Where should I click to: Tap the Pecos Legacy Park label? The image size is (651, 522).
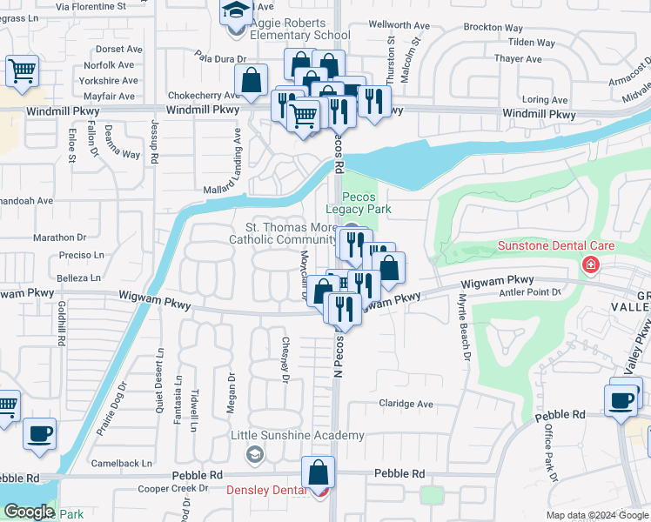[359, 203]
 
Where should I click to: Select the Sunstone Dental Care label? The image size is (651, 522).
[555, 245]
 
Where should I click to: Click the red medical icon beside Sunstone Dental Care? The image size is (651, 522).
[592, 264]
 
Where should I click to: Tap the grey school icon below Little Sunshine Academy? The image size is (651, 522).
[254, 453]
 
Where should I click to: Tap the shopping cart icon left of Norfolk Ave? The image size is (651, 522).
[23, 70]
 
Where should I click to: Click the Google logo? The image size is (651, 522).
[29, 512]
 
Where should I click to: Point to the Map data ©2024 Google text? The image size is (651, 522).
[596, 515]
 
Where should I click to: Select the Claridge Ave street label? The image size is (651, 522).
[406, 404]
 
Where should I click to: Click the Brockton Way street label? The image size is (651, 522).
[493, 28]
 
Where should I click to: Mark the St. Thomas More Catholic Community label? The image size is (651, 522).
[283, 233]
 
